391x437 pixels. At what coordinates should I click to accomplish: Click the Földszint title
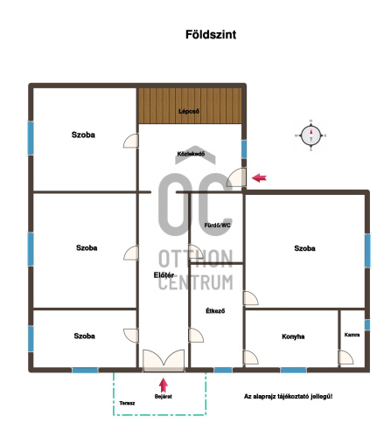click(x=211, y=35)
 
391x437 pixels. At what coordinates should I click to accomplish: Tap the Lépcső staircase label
click(x=189, y=111)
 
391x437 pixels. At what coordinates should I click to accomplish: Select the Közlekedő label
click(x=191, y=154)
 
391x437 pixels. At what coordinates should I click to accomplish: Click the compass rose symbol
click(x=311, y=135)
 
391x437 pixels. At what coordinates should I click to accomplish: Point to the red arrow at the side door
click(x=259, y=177)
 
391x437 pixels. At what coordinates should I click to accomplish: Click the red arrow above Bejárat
click(x=164, y=385)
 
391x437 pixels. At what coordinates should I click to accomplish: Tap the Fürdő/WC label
click(x=217, y=225)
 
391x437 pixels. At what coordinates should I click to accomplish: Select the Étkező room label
click(x=215, y=311)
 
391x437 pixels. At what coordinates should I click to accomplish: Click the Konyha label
click(x=293, y=336)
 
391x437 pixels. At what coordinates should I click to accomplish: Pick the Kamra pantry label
click(x=352, y=335)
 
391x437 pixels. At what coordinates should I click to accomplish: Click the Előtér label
click(x=164, y=275)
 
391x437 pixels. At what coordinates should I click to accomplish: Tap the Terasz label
click(x=127, y=403)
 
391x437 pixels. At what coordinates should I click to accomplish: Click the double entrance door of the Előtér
click(x=164, y=360)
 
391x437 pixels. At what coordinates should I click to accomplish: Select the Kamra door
click(x=346, y=357)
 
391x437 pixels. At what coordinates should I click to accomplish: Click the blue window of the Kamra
click(x=367, y=325)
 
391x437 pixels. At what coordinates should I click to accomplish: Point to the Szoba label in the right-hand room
click(x=304, y=248)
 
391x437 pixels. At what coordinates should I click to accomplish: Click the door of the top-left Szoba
click(x=130, y=141)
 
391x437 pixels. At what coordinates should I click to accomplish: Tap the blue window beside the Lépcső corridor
click(x=244, y=149)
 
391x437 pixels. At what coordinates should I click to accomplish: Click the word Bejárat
click(x=164, y=397)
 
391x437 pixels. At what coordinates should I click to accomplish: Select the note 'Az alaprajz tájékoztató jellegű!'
click(x=289, y=397)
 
